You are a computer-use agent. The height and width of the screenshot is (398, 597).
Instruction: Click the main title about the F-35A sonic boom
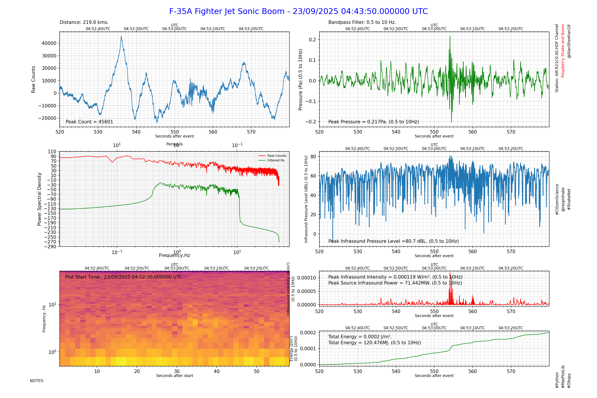298,11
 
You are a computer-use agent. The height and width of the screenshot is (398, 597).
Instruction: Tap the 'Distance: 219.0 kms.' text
84,22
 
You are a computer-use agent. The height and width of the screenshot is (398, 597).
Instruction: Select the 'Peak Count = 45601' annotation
89,122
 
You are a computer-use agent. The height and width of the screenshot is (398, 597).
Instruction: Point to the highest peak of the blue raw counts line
121,37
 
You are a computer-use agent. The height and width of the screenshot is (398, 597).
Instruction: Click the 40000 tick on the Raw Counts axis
49,43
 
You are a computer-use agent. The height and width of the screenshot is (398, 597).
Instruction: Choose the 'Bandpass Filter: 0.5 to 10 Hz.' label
362,22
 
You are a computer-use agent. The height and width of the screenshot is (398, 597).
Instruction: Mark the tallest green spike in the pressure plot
450,37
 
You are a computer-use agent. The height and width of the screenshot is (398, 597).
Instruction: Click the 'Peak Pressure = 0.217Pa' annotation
373,122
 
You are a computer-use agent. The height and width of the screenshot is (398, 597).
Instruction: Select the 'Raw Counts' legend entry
277,156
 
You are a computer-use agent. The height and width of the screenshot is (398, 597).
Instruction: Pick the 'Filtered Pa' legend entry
276,161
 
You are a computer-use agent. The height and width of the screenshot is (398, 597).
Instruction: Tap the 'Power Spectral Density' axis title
39,199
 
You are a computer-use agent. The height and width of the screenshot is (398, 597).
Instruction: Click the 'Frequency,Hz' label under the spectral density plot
174,255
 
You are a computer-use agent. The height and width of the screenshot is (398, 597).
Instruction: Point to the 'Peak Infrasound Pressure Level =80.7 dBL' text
393,241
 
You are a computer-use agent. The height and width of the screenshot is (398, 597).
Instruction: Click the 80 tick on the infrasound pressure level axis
313,157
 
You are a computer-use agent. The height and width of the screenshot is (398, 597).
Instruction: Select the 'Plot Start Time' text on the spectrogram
124,277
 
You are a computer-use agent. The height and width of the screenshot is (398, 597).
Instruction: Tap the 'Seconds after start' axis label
175,376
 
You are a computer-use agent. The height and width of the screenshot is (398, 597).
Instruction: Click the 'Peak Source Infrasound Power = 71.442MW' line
395,283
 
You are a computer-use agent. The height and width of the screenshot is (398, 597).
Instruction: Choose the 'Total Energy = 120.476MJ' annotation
374,343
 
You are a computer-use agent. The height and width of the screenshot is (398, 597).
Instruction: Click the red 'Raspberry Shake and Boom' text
563,51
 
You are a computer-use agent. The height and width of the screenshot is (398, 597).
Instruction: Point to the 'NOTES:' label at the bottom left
37,381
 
